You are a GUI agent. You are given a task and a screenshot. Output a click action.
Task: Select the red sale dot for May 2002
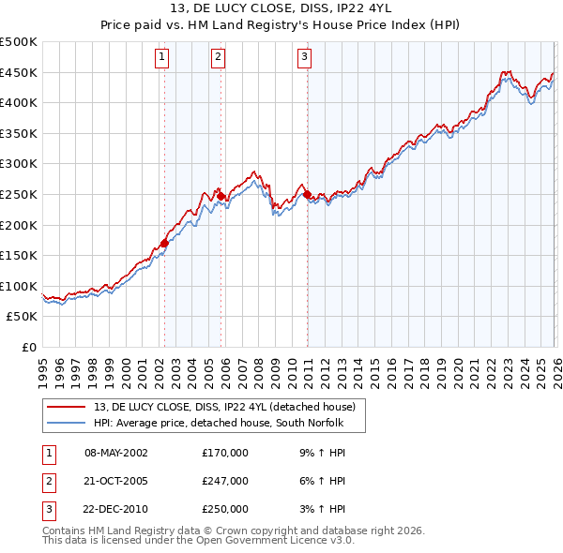point(164,243)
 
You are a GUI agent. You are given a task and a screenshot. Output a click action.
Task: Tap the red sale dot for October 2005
point(221,196)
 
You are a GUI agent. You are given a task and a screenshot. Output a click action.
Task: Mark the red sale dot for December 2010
point(307,194)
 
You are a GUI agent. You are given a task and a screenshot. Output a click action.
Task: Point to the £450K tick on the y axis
point(19,72)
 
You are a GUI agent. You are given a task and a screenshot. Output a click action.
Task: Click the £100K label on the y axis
point(19,286)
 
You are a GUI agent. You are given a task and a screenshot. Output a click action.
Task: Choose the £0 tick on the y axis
point(28,347)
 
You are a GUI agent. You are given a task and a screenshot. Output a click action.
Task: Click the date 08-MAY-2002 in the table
point(116,453)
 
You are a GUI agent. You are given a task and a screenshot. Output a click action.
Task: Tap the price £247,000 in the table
point(225,481)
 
